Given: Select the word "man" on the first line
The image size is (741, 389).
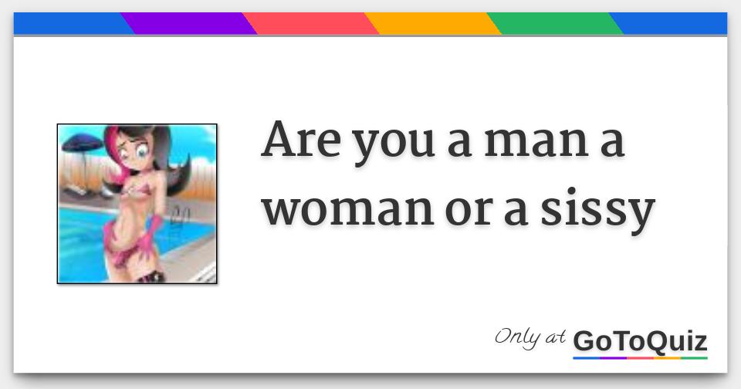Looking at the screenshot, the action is tap(536, 143).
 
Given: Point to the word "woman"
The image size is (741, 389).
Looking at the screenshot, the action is tap(348, 210).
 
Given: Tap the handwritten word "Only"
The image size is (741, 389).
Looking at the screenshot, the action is tap(517, 337).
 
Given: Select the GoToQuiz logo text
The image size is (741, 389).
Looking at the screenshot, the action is tap(640, 341).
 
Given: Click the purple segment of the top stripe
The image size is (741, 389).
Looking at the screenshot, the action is tap(188, 23).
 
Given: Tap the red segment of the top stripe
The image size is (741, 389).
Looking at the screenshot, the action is tap(310, 23).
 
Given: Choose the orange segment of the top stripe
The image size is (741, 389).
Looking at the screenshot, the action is tap(432, 23).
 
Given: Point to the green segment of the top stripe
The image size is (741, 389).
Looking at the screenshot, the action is tap(555, 23).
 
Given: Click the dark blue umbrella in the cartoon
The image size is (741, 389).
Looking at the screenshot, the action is tap(83, 143).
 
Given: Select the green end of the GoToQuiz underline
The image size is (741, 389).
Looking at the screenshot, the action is tap(694, 358).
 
